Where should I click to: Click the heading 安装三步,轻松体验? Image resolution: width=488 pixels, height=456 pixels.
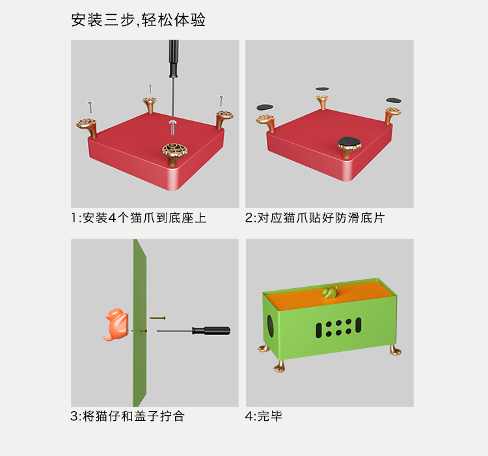click(x=138, y=20)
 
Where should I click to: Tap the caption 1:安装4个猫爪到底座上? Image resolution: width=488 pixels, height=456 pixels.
click(x=139, y=218)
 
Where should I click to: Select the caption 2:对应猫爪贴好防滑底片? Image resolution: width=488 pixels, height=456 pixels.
click(x=315, y=218)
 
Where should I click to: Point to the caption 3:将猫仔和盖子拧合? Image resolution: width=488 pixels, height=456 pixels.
click(x=128, y=416)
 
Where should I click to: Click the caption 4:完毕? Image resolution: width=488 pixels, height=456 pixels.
click(x=264, y=416)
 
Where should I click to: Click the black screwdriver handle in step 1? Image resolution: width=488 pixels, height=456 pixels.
click(x=174, y=59)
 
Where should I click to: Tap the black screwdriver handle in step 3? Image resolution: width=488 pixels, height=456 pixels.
click(x=211, y=330)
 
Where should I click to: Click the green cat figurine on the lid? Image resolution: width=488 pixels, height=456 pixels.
click(x=330, y=292)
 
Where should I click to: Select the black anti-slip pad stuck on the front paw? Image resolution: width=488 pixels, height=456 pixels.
click(x=350, y=142)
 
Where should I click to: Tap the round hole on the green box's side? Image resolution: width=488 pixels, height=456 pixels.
click(x=270, y=326)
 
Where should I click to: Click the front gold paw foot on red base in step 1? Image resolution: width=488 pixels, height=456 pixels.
click(x=175, y=154)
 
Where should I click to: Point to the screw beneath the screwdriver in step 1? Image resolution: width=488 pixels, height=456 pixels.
click(x=172, y=127)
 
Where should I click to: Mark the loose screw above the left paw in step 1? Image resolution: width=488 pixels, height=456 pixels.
click(x=90, y=107)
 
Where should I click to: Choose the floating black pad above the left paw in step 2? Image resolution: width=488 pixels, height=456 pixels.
click(x=265, y=107)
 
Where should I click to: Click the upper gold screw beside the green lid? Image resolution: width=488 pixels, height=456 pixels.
click(x=157, y=318)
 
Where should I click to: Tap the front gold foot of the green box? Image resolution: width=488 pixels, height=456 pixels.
click(x=280, y=366)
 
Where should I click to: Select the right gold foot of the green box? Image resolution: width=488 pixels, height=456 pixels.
click(x=395, y=349)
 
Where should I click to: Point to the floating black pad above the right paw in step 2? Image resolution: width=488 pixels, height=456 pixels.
click(x=394, y=100)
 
